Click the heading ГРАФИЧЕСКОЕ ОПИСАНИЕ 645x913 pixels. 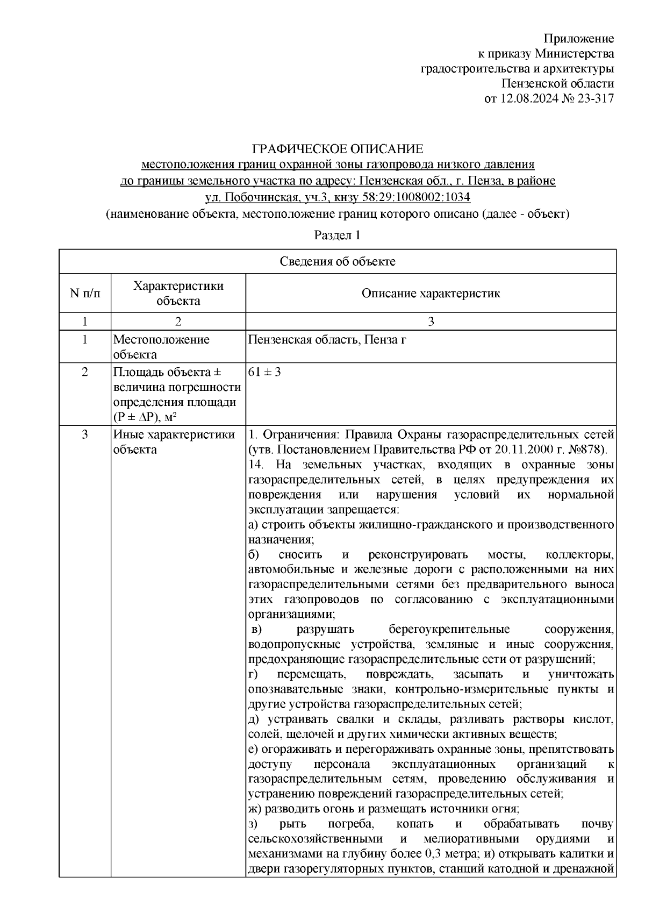pyautogui.click(x=338, y=149)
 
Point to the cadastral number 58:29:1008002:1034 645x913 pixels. pyautogui.click(x=418, y=197)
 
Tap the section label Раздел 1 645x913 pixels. pyautogui.click(x=337, y=236)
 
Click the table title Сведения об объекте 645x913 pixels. pyautogui.click(x=337, y=262)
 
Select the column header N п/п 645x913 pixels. pyautogui.click(x=84, y=294)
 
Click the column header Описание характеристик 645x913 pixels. pyautogui.click(x=431, y=294)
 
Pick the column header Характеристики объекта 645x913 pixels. pyautogui.click(x=178, y=294)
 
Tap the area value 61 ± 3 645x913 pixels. pyautogui.click(x=264, y=372)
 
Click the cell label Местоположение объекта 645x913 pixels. pyautogui.click(x=161, y=347)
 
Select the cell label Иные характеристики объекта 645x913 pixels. pyautogui.click(x=174, y=442)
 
